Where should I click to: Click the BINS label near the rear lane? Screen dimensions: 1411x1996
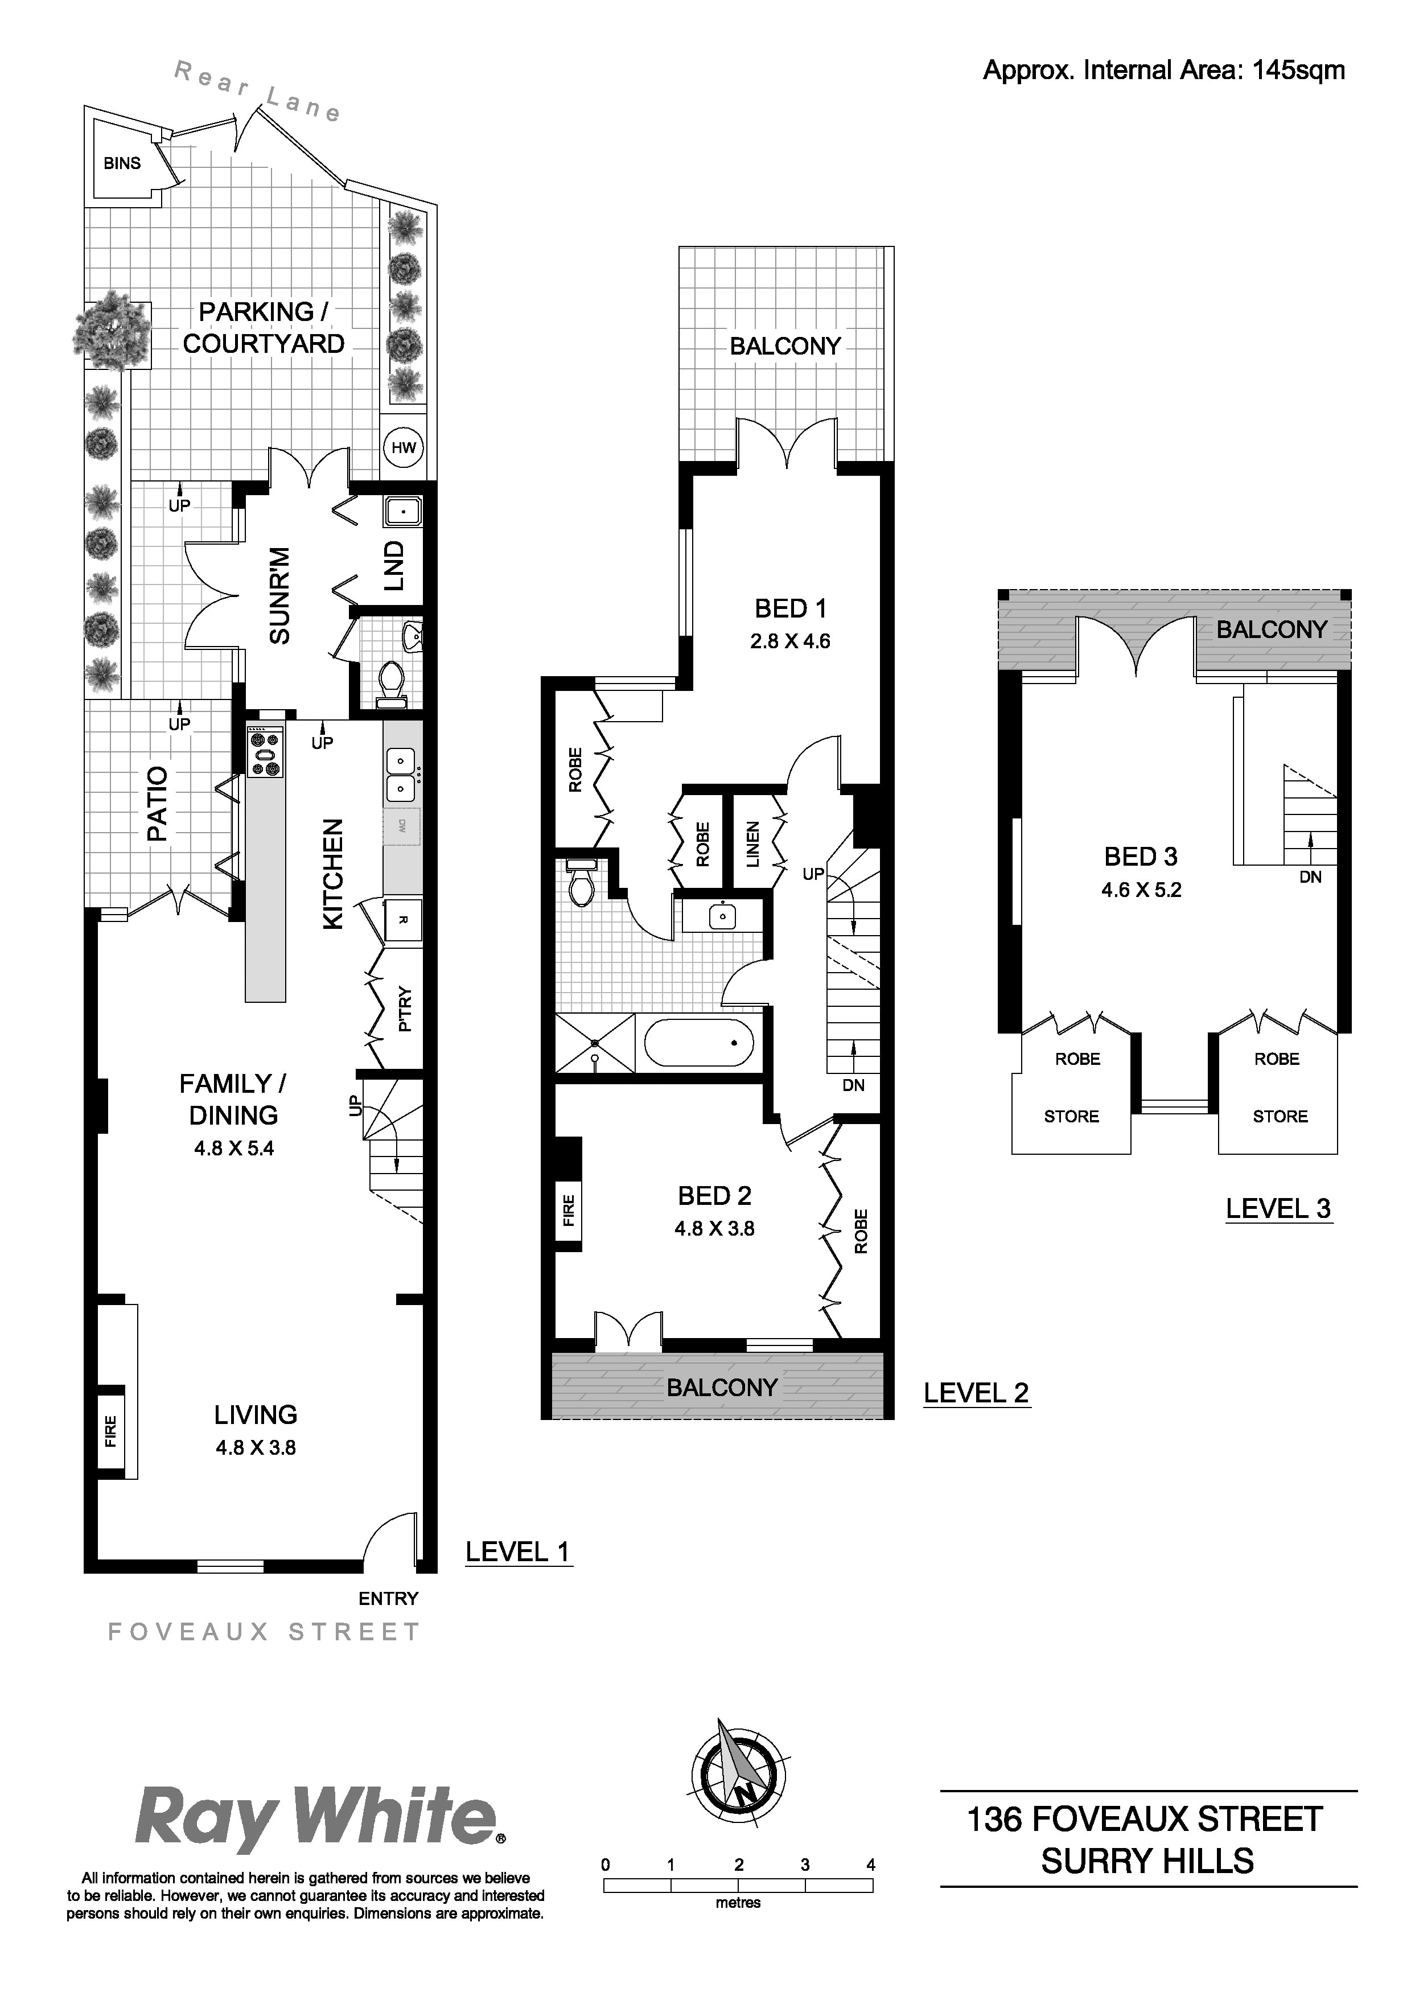pyautogui.click(x=122, y=163)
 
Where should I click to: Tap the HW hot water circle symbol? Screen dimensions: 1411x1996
pyautogui.click(x=404, y=448)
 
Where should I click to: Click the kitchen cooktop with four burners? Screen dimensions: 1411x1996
pyautogui.click(x=265, y=753)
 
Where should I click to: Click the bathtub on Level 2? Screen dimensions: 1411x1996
pyautogui.click(x=698, y=1042)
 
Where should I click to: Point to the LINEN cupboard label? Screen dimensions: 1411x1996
pyautogui.click(x=754, y=843)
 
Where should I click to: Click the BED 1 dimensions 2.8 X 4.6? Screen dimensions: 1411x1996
pyautogui.click(x=790, y=641)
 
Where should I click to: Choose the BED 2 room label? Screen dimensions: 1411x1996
pyautogui.click(x=715, y=1196)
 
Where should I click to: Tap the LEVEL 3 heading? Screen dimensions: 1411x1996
pyautogui.click(x=1278, y=1208)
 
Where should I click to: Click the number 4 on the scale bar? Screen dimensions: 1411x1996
pyautogui.click(x=871, y=1865)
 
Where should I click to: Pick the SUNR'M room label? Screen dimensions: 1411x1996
pyautogui.click(x=279, y=595)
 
